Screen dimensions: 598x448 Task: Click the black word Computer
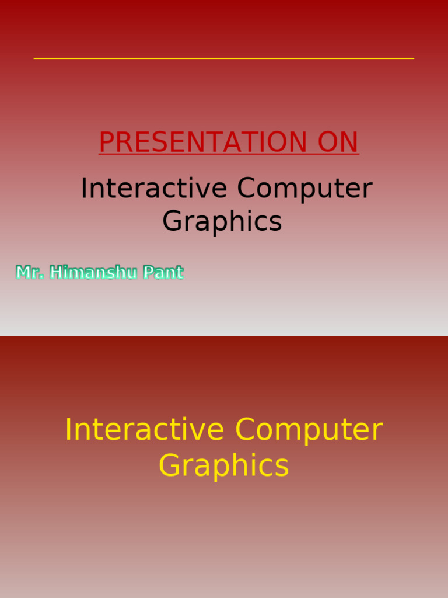coord(304,189)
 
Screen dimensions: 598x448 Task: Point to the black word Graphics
coord(222,221)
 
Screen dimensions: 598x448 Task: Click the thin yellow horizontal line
coord(224,58)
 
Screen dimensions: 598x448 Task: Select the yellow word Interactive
coord(144,430)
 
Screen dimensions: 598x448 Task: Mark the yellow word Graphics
coord(224,466)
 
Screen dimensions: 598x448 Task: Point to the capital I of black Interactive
coord(84,189)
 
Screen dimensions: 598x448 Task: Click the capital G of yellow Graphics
coord(169,466)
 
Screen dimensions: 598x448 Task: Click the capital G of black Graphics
coord(173,221)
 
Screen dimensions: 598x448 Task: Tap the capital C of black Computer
coord(246,189)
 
